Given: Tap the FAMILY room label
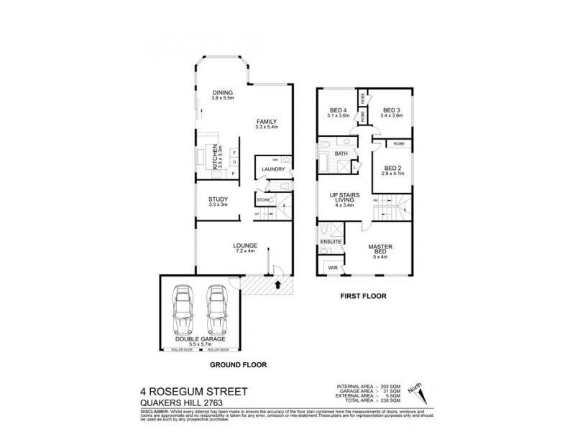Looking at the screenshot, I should click(266, 122).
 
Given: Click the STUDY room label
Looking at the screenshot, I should click(218, 199).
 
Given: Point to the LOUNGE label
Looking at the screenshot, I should click(245, 246).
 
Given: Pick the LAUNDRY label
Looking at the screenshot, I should click(273, 170).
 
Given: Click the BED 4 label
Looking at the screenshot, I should click(337, 109).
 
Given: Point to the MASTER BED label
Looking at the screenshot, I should click(379, 249).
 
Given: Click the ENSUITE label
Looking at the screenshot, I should click(331, 242).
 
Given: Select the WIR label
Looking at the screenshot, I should click(332, 268).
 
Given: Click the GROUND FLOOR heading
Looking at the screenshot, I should click(238, 366).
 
